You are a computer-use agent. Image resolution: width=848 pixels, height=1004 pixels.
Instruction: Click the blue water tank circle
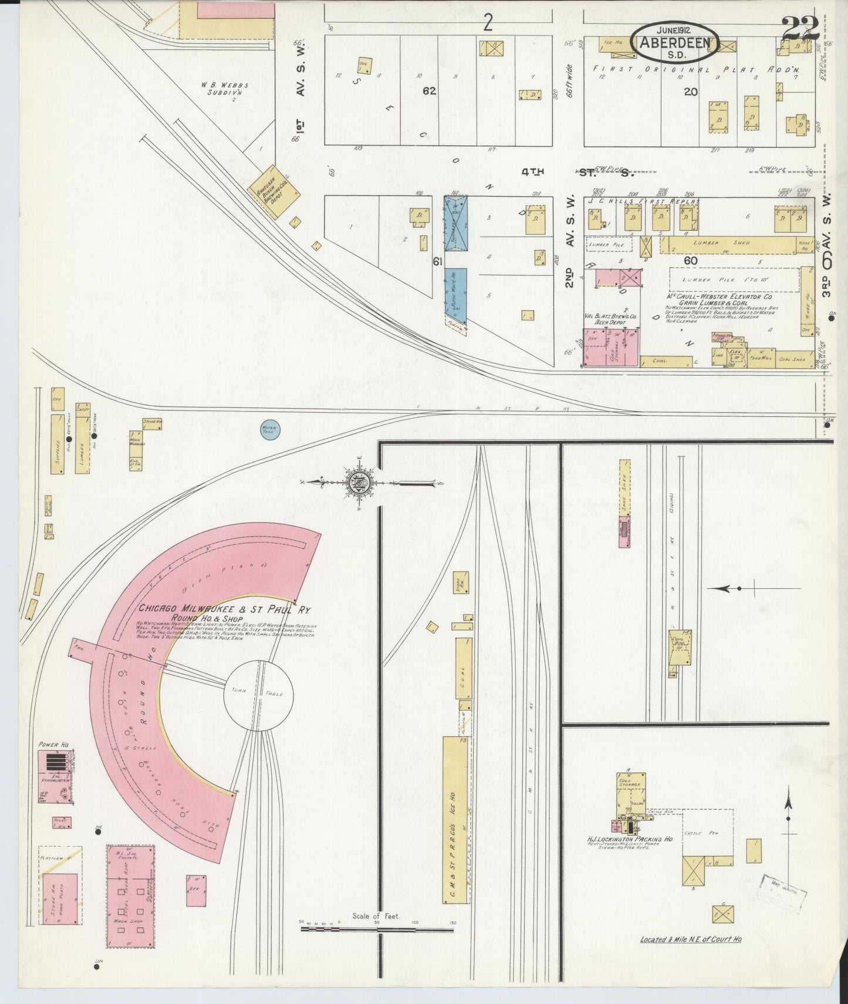(x=271, y=429)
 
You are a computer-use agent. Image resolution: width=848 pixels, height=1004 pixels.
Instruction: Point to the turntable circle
(x=257, y=695)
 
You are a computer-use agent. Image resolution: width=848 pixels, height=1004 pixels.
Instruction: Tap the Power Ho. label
(x=53, y=744)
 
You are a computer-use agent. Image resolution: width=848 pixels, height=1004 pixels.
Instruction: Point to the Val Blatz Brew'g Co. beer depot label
(x=606, y=319)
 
